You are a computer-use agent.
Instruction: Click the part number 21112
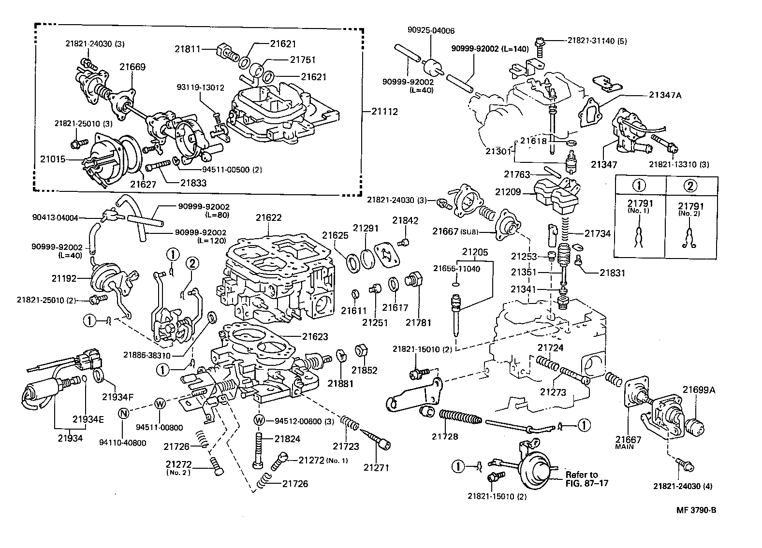click(384, 112)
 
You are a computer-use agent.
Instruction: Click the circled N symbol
click(124, 413)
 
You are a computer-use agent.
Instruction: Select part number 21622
click(268, 218)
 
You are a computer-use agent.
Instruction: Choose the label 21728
click(445, 436)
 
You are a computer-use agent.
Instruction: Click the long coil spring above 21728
click(460, 417)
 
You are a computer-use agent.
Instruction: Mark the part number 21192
click(64, 278)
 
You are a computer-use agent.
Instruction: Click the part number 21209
click(508, 192)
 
